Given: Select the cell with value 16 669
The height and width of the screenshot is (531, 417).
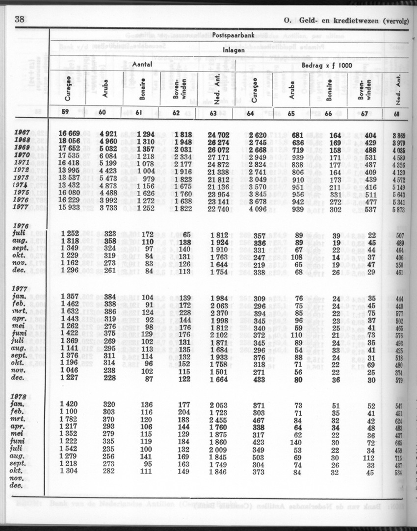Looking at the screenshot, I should point(70,133).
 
